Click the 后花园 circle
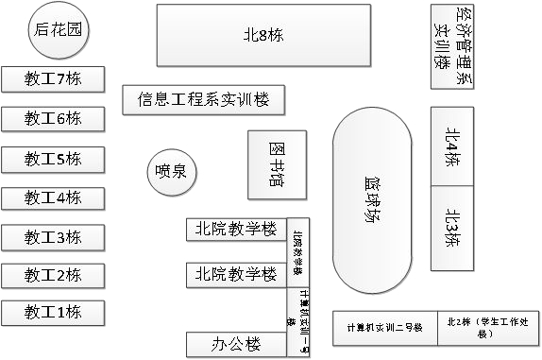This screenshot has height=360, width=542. (x=58, y=29)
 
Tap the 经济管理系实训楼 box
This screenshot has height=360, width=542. (x=450, y=44)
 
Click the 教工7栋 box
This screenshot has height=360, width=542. (x=53, y=79)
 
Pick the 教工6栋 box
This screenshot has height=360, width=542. (x=53, y=119)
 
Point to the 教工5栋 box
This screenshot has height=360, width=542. (x=53, y=159)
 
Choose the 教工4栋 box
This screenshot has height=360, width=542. (x=53, y=198)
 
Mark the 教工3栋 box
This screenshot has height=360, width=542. (x=53, y=236)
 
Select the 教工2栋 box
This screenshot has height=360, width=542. (x=53, y=275)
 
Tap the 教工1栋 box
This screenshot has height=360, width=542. (x=53, y=313)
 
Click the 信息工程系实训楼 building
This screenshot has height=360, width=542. (x=204, y=99)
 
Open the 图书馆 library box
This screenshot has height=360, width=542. (x=278, y=165)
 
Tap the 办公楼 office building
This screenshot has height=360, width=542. (x=236, y=345)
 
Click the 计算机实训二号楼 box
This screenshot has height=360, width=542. (x=382, y=328)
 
